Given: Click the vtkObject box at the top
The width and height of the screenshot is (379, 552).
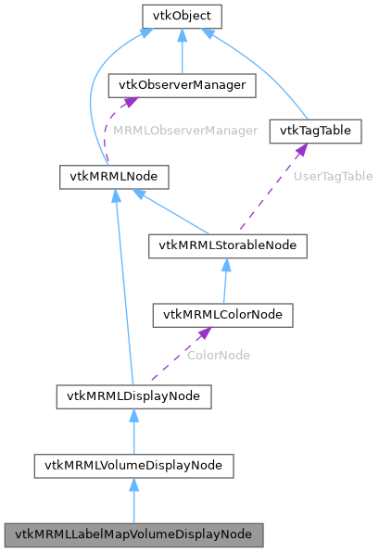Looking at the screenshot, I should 181,16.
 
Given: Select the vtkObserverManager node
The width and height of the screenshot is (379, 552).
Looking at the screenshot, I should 182,85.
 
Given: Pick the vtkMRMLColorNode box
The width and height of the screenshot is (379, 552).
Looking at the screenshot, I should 222,315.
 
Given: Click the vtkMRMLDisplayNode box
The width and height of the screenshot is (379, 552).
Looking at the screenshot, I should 133,396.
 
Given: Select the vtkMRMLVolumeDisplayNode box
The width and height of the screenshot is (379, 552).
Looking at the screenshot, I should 133,465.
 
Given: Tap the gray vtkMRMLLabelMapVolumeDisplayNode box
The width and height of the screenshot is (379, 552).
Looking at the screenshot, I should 133,534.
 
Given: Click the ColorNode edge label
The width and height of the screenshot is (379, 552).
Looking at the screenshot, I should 219,355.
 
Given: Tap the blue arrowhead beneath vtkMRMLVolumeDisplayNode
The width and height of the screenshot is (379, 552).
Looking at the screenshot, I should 133,484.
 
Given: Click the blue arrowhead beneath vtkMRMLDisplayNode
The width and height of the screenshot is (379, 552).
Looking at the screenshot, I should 133,415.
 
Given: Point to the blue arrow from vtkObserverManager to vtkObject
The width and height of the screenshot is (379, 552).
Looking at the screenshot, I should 182,54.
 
